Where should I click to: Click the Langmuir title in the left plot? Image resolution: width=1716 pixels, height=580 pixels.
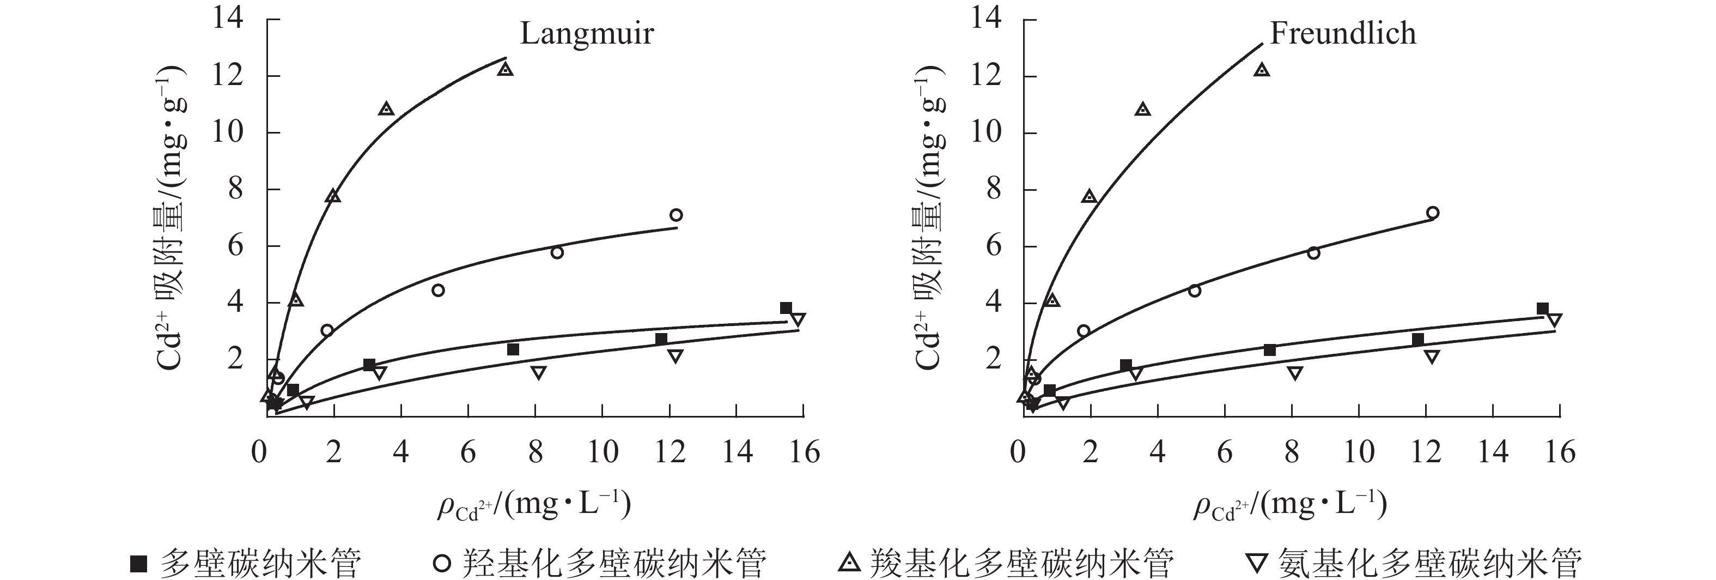tap(586, 34)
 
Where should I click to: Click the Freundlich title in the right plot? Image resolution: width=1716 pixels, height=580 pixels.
tap(1342, 34)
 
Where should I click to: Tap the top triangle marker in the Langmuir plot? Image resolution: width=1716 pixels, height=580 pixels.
tap(506, 69)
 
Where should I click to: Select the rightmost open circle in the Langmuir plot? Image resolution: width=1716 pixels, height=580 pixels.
tap(676, 215)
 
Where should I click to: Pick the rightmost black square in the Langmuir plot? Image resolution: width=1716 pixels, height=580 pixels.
tap(786, 308)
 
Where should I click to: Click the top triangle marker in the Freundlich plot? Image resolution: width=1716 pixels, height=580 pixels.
tap(1262, 69)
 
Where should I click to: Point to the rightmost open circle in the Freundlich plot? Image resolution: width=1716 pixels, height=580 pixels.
tap(1433, 213)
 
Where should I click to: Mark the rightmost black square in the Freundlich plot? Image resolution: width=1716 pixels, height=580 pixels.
tap(1542, 309)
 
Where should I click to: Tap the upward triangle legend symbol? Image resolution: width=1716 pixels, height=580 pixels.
tap(849, 563)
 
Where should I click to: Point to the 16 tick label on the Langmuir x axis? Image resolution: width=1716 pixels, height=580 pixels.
tap(804, 452)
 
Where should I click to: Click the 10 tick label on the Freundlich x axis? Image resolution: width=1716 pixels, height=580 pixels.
tap(1358, 452)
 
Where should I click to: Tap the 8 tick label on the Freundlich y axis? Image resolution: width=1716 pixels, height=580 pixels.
tap(993, 189)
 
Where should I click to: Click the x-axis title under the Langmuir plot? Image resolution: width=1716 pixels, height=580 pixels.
tap(533, 505)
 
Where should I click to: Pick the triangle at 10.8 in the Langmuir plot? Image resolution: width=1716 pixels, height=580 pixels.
tap(386, 108)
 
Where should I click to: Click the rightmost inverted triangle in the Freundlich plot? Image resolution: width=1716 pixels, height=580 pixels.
tap(1554, 320)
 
